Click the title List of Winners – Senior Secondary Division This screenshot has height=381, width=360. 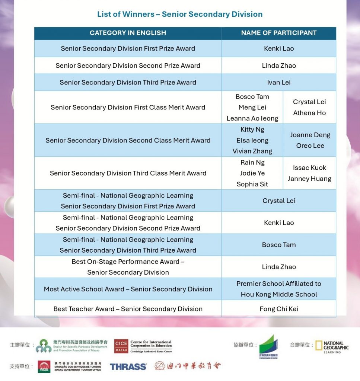(180, 15)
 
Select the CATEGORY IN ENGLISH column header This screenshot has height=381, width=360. (128, 33)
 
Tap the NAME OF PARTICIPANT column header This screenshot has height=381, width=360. (279, 33)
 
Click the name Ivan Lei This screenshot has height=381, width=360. (279, 83)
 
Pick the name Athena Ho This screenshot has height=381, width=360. (309, 113)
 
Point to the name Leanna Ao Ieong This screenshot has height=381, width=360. (252, 118)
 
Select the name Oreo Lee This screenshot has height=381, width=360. (310, 146)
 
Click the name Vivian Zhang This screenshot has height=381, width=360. (252, 151)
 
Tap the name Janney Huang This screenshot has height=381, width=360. (309, 179)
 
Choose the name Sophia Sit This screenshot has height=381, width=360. (252, 184)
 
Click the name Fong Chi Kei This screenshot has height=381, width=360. (279, 309)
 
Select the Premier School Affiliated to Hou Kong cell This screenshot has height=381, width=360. (279, 289)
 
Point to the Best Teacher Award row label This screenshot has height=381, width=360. (128, 309)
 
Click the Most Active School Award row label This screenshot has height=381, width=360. (128, 289)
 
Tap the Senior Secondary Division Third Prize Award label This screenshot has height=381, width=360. (128, 83)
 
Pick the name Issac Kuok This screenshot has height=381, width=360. (309, 168)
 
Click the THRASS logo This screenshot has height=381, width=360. (128, 366)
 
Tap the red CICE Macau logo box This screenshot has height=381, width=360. (121, 346)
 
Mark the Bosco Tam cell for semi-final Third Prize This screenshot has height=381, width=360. (279, 245)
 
